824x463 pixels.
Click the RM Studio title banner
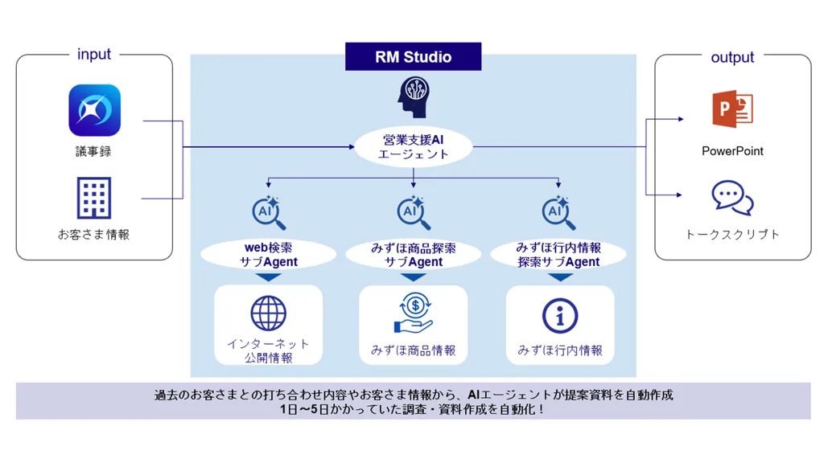coord(413,57)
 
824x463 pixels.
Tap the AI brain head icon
coord(414,97)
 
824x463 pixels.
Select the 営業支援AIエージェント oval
coord(414,146)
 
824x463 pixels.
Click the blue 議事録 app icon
coord(94,111)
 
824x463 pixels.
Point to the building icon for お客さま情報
coord(94,198)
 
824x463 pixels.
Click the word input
coord(94,55)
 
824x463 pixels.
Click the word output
coord(732,57)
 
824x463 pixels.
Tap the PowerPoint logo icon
coord(732,110)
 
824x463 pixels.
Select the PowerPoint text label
coord(732,151)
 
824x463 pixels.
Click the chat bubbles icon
coord(732,198)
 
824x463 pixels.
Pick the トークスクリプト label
coord(732,235)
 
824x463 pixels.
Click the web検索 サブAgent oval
coord(268,255)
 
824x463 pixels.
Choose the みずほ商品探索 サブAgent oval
coord(413,255)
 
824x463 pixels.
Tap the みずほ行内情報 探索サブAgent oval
coord(558,255)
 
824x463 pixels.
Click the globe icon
coord(268,313)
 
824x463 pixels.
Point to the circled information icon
coord(560,316)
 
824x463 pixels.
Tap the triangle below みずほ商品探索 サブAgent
coord(414,277)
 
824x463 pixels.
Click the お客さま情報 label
coord(94,235)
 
